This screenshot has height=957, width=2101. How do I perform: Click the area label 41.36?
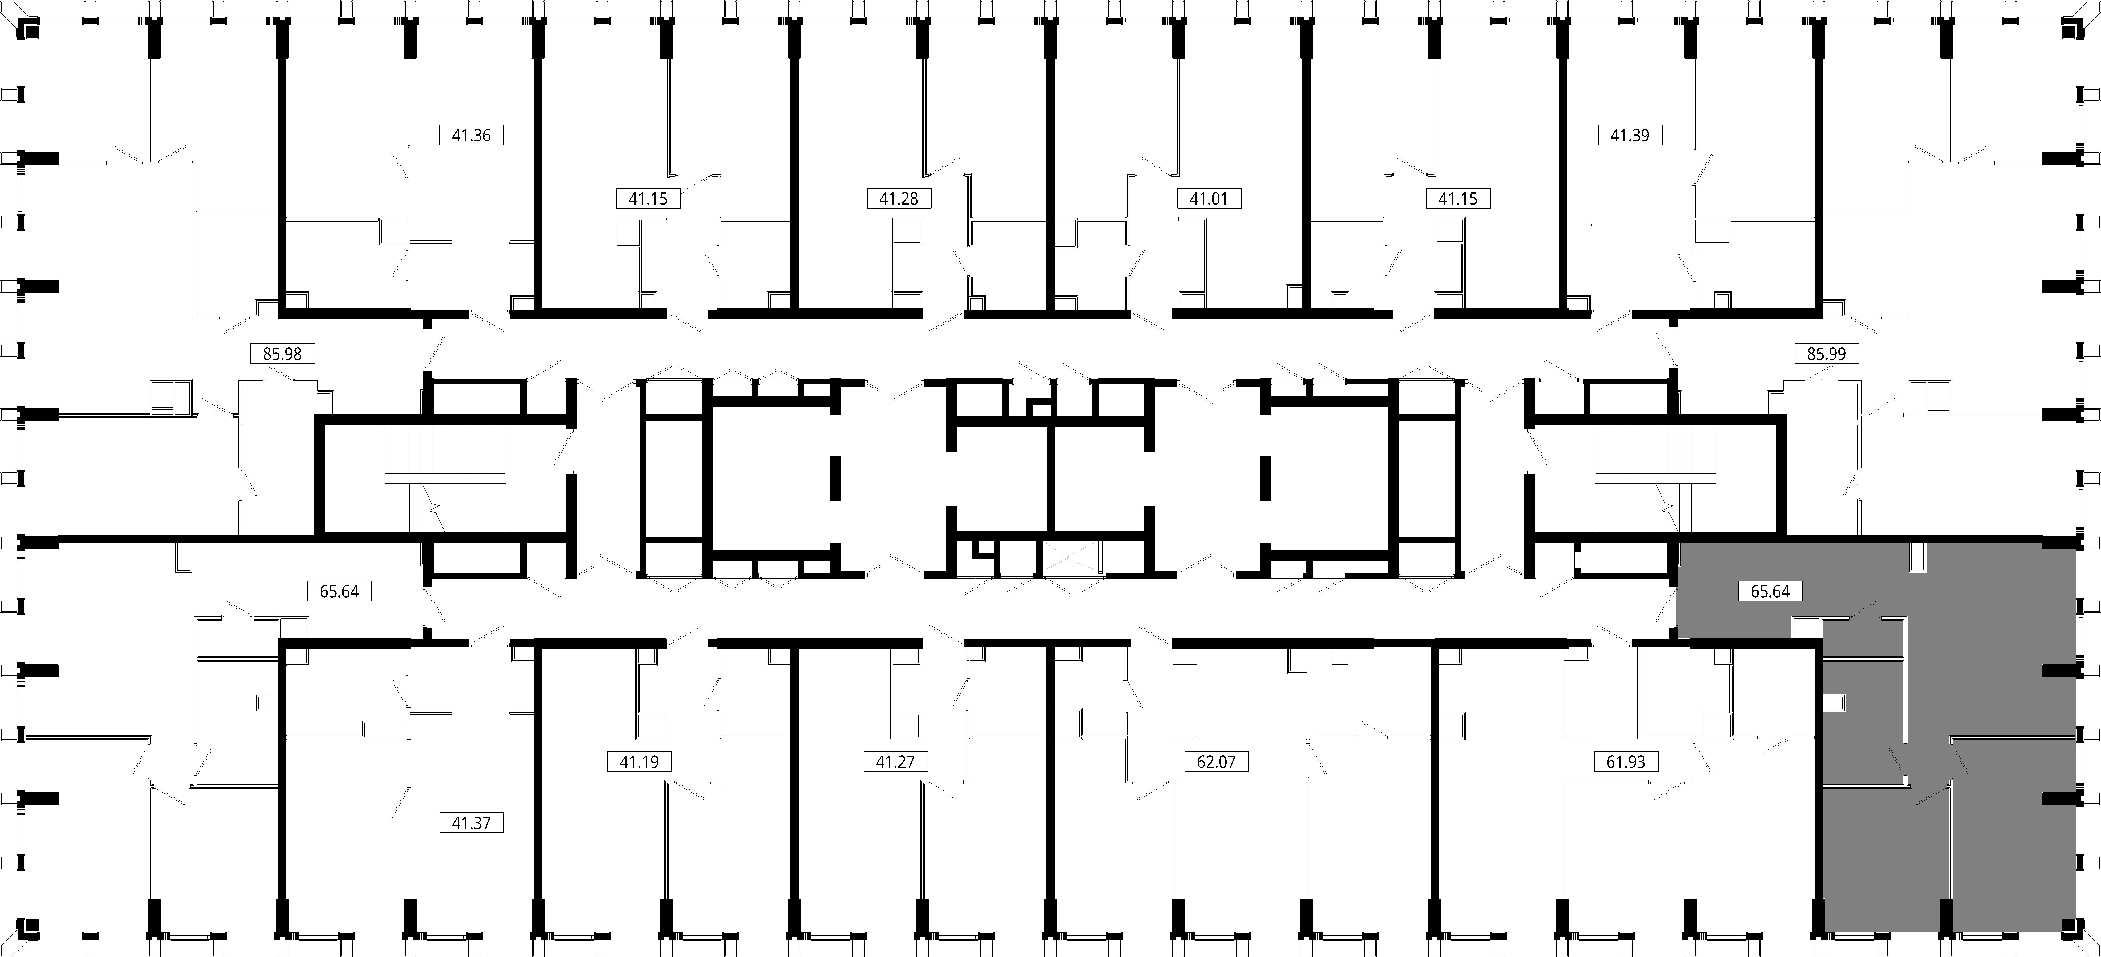coord(471,135)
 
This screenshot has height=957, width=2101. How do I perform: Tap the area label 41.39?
coord(1630,135)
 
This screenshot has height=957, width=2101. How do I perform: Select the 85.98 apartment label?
coord(282,354)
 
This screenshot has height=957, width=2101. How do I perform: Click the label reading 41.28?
coord(899,198)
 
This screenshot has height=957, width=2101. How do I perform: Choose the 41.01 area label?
coord(1209,198)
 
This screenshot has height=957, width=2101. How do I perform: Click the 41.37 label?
coord(471,822)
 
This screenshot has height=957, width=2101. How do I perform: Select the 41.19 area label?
coord(639,762)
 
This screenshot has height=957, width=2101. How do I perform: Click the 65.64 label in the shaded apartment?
coord(1770,591)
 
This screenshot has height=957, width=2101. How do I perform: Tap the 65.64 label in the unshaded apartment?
coord(339,591)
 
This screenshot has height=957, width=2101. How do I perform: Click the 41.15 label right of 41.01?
coord(1457,198)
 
